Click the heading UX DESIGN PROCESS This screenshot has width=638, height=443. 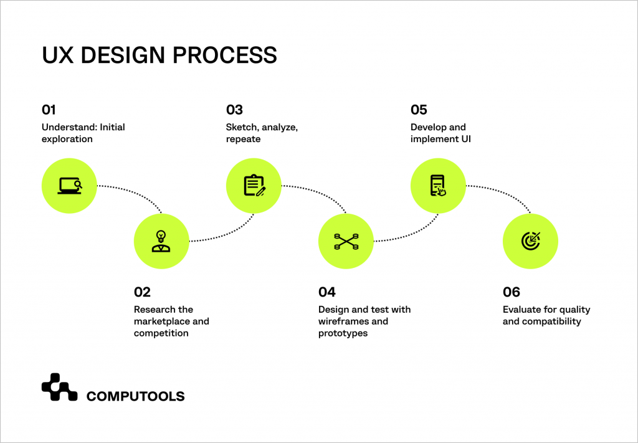coord(159,55)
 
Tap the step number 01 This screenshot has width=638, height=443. coord(49,110)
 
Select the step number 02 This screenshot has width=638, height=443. coord(142,292)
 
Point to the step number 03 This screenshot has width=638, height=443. coord(234,110)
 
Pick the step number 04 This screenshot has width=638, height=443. coord(327,292)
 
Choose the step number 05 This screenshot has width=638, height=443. coord(419,110)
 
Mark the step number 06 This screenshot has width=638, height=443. coord(512,292)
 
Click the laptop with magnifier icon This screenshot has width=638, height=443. coord(69,186)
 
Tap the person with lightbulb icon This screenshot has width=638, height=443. coord(161,241)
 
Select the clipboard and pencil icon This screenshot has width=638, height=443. coord(254,186)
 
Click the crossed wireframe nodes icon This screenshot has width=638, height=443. coord(346,241)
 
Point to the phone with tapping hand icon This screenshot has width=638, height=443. coord(438,186)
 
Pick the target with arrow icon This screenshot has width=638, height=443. coord(530,241)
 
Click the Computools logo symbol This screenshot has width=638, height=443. coord(59,387)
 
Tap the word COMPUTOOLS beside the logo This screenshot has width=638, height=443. coord(135,396)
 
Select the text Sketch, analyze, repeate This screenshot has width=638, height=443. coord(262,133)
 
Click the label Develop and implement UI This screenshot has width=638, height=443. coord(440,133)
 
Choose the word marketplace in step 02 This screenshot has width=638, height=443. coord(162,322)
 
